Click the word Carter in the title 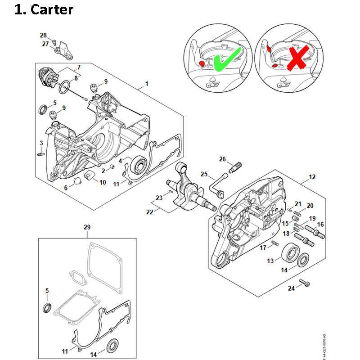coord(52,9)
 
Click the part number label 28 coord(43,35)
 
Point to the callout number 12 coord(312,177)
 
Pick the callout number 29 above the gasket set coord(87,228)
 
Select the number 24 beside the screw coord(291,288)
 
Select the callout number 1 coord(146,84)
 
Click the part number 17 coord(263,248)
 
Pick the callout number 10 coord(103,182)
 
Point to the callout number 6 coord(66,188)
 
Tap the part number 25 coord(204,174)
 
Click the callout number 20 coord(310,206)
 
